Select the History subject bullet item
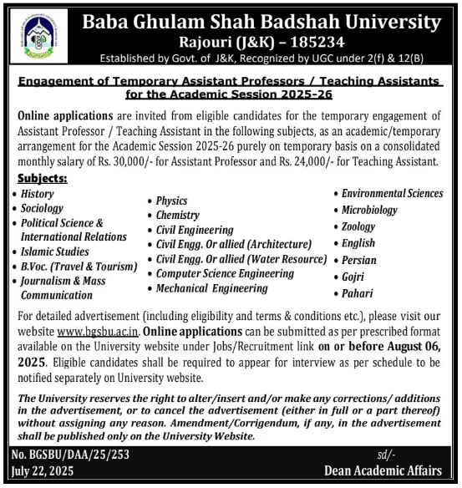coord(37,194)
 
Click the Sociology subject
coord(42,208)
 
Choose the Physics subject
coord(171,201)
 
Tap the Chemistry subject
coord(177,215)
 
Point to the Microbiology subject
coord(369,210)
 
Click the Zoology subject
coord(358,226)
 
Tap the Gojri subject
coord(353,277)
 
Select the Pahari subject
coord(357,293)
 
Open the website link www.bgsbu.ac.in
coord(81,332)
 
